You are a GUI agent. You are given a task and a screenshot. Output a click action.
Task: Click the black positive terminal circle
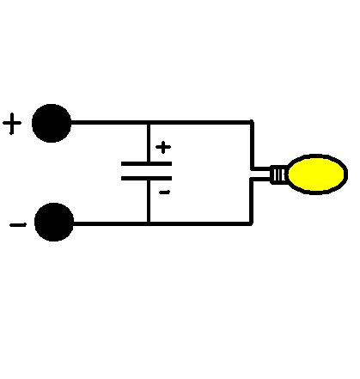(x=52, y=123)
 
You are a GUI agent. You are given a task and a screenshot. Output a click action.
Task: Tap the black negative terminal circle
(x=54, y=222)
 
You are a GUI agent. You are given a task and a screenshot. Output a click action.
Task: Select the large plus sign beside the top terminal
(x=12, y=124)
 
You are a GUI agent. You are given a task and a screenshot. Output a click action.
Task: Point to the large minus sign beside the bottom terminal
(x=18, y=225)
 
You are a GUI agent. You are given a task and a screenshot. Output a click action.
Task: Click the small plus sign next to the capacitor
(x=163, y=147)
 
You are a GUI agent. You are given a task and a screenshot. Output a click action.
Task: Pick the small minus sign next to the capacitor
(x=165, y=193)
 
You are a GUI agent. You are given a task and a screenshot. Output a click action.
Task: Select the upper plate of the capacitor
(x=146, y=164)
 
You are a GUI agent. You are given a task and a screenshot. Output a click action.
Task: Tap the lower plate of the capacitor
(x=146, y=178)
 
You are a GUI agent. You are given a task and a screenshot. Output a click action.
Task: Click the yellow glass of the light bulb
(x=317, y=174)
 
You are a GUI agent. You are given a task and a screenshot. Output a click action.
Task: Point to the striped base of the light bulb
(x=278, y=174)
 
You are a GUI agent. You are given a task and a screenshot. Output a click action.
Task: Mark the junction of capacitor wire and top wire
(x=149, y=123)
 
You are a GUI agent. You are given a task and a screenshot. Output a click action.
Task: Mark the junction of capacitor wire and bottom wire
(x=149, y=223)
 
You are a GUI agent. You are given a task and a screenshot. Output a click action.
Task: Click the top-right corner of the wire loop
(x=252, y=122)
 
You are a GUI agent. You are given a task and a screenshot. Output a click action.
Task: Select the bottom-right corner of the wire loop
(x=252, y=223)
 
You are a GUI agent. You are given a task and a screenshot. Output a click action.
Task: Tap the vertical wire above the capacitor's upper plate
(x=149, y=144)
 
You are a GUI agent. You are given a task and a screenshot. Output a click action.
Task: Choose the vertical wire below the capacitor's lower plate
(x=149, y=201)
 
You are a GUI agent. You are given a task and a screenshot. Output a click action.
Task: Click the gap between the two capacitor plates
(x=146, y=171)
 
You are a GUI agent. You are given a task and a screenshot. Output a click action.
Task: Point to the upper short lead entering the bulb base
(x=260, y=168)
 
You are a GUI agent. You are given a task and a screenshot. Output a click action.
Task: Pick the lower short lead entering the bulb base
(x=260, y=180)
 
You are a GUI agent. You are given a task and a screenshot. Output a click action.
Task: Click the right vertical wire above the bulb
(x=252, y=145)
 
